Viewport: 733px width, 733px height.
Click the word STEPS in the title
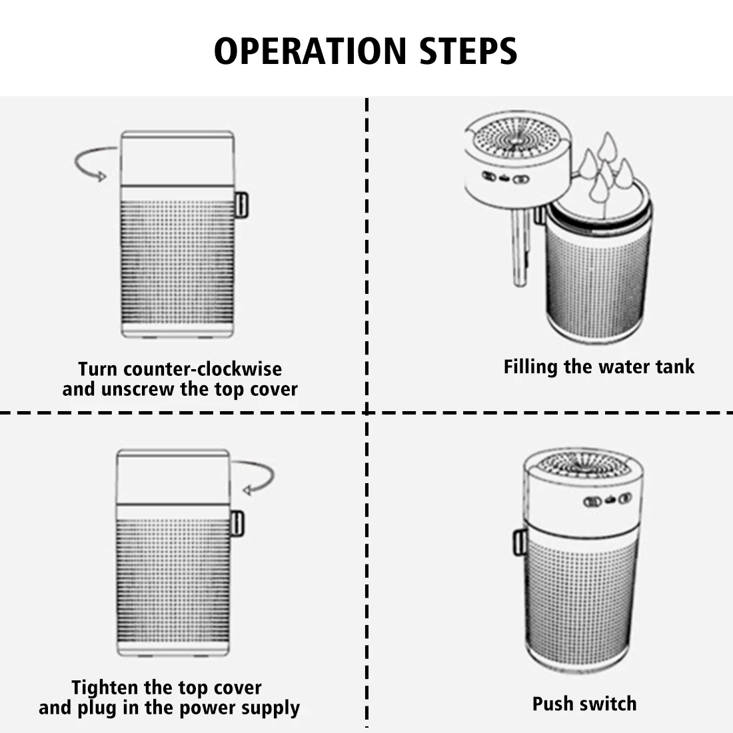coord(468,51)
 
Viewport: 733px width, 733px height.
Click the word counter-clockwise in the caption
coord(203,368)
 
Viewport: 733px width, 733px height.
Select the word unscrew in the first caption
coord(139,389)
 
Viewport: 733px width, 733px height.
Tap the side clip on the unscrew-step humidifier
coord(241,205)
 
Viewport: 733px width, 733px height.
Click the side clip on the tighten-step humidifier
coord(237,523)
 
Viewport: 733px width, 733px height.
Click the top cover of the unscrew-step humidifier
coord(177,157)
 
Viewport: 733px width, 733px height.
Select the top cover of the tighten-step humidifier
coord(173,474)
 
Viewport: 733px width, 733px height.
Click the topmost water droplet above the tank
coord(607,145)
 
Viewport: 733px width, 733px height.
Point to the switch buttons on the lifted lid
coord(505,178)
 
